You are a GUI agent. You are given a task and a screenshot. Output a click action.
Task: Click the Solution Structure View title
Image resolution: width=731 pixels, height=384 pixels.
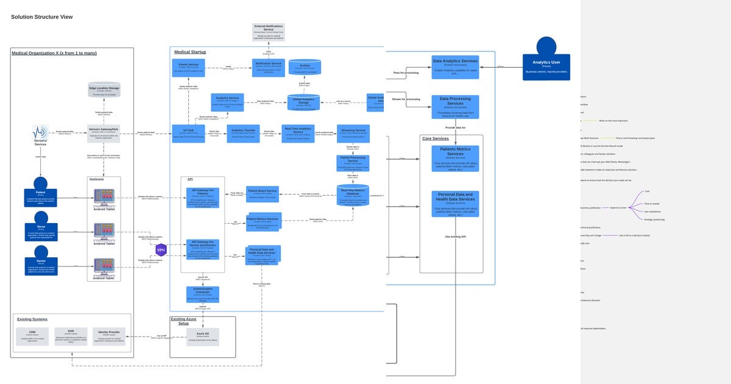(x=42, y=17)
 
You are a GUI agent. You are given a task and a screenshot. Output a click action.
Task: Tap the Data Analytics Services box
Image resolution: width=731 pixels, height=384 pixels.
(x=455, y=67)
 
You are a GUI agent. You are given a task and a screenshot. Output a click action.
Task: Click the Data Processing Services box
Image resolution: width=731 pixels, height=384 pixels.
(x=455, y=106)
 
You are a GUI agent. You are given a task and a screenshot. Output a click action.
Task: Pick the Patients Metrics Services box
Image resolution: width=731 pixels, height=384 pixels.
(x=455, y=158)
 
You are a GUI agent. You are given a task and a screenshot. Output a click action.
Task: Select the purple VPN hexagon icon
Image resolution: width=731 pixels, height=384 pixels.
(x=161, y=249)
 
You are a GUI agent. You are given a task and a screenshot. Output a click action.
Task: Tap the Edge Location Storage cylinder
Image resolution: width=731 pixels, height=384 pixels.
(x=104, y=91)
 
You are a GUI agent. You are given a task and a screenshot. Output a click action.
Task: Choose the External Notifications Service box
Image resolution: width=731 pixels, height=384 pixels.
(x=269, y=32)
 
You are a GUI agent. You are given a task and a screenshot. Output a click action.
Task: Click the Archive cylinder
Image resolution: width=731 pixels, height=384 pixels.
(x=305, y=68)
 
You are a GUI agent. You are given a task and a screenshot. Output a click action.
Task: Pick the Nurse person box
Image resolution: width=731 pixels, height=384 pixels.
(x=41, y=232)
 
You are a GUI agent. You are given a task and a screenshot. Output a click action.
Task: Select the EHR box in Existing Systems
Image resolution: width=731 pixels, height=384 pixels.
(x=71, y=336)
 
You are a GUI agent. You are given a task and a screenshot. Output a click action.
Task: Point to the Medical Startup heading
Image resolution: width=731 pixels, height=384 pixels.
(x=190, y=52)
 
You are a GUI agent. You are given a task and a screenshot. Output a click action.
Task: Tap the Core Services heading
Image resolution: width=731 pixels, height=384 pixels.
(x=436, y=138)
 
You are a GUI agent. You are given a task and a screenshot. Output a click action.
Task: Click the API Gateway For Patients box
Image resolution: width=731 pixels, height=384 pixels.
(x=203, y=197)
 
